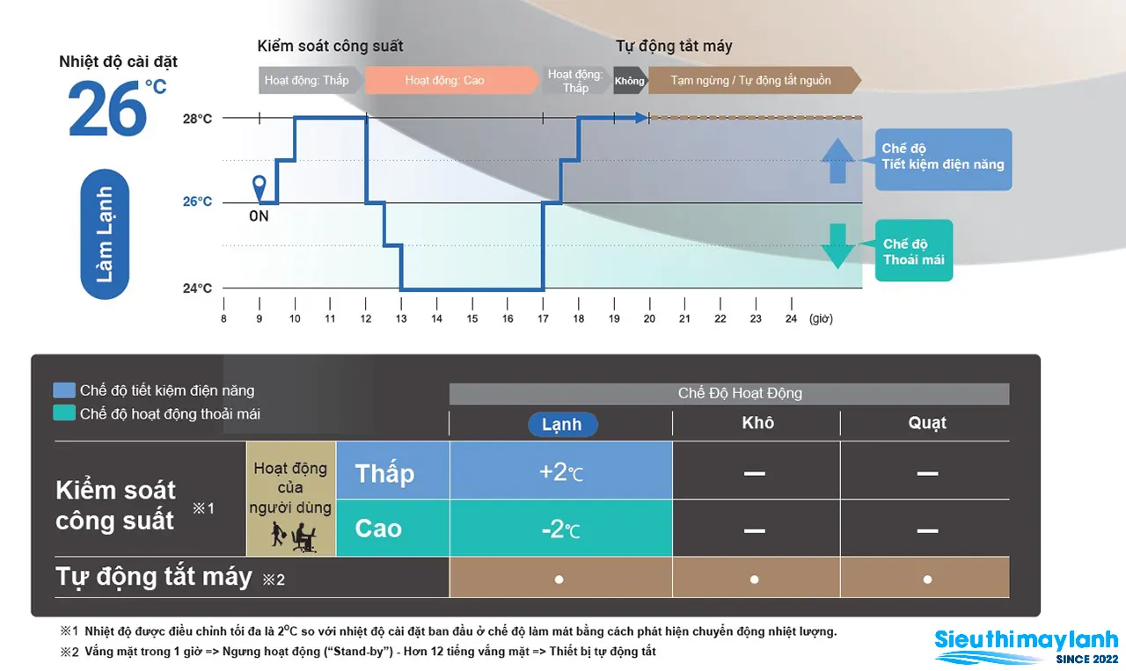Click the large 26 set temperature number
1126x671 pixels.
107,108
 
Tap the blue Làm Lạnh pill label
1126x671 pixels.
105,234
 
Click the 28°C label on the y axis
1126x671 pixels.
197,119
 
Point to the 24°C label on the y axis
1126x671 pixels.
197,288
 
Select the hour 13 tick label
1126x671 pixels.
400,318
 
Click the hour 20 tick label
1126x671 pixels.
649,318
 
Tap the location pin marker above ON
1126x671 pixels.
259,188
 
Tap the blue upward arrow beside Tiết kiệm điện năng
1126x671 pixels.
837,160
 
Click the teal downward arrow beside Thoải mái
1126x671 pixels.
837,246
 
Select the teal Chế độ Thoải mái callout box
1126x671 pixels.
913,251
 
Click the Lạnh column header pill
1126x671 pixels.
562,424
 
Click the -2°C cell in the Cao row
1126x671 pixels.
561,528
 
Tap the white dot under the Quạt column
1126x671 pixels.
927,580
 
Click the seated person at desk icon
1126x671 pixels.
303,536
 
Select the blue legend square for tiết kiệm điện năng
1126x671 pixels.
64,390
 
